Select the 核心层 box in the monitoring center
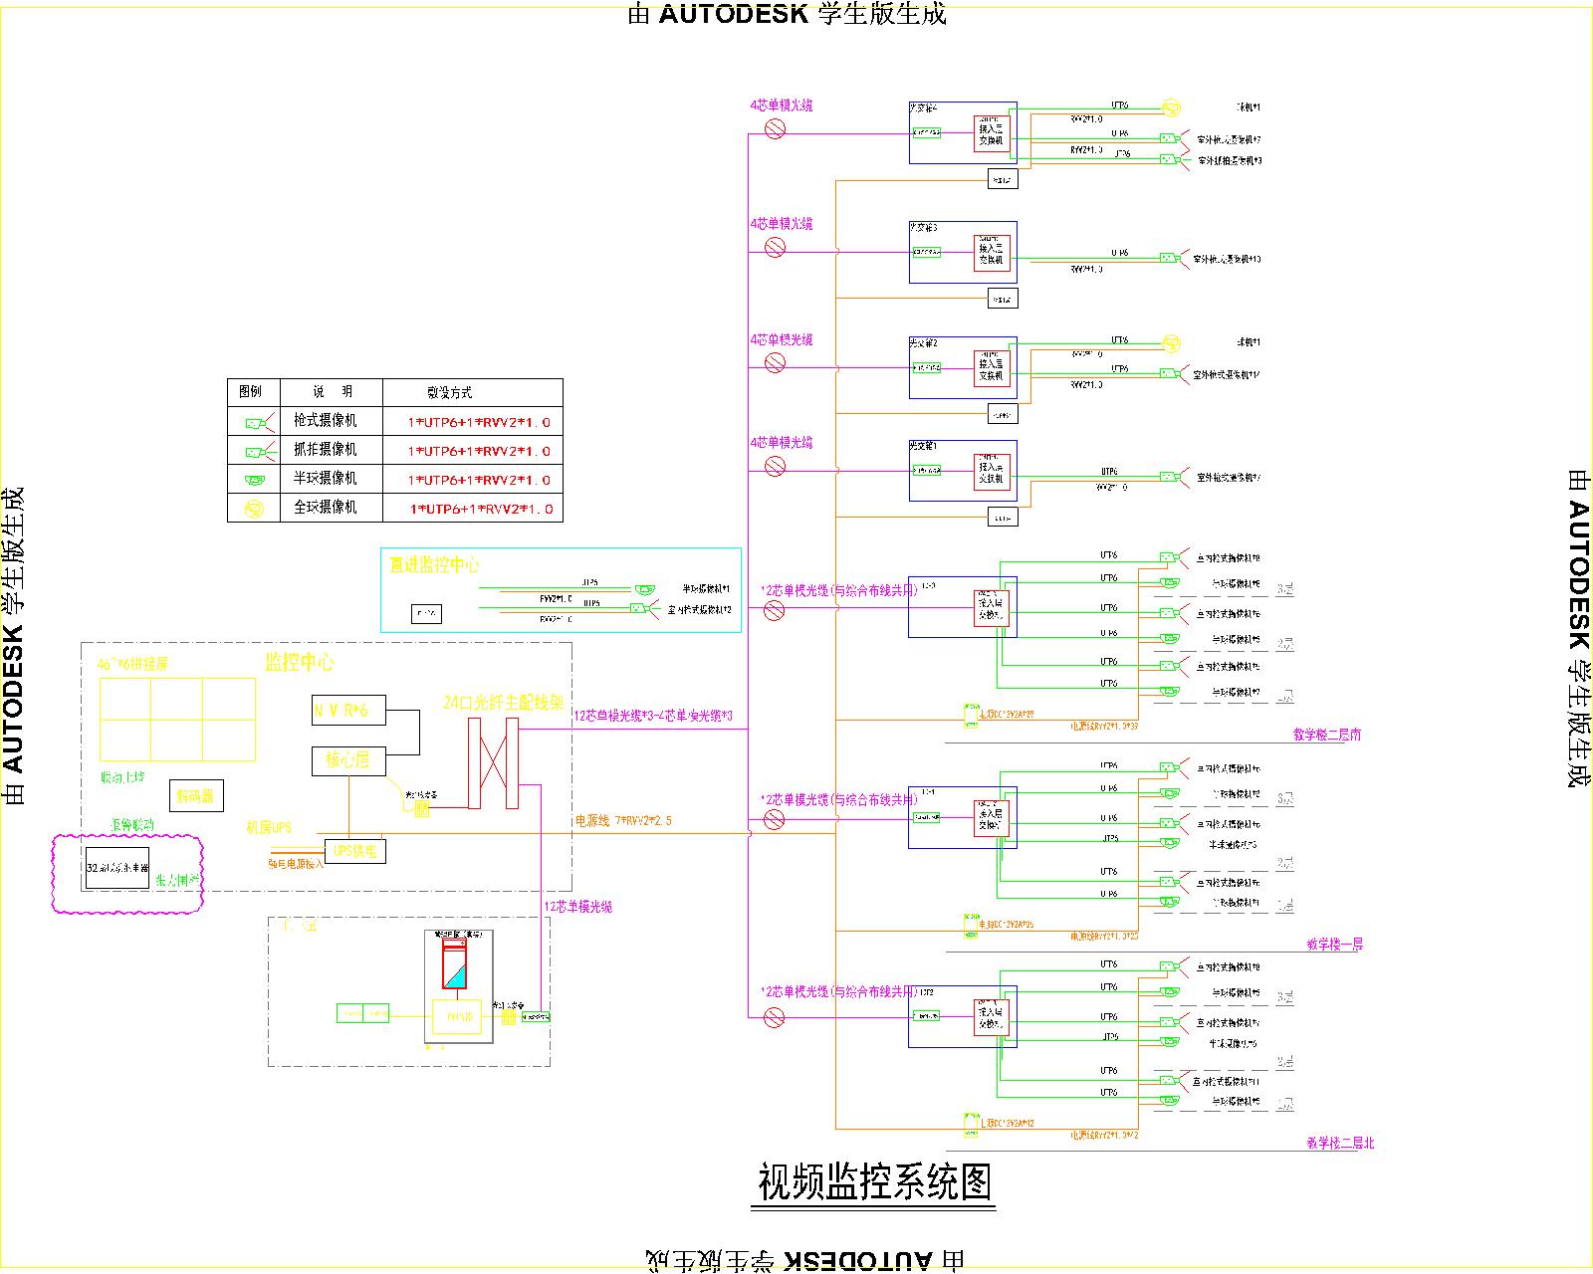[x=348, y=760]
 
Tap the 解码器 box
[x=196, y=795]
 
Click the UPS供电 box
[x=355, y=851]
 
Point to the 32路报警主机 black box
[x=117, y=868]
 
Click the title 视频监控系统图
[x=874, y=1182]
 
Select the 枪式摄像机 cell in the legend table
[x=325, y=421]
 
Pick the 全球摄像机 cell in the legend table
[x=325, y=508]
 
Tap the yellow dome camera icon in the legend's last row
[x=254, y=509]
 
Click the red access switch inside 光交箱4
[x=992, y=132]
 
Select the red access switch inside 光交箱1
[x=992, y=471]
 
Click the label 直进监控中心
[x=434, y=564]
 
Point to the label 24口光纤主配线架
[x=504, y=703]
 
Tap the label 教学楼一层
[x=1334, y=944]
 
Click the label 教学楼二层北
[x=1340, y=1144]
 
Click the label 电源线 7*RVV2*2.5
[x=623, y=821]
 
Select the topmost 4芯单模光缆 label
[x=782, y=105]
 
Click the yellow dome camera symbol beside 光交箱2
[x=1172, y=343]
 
